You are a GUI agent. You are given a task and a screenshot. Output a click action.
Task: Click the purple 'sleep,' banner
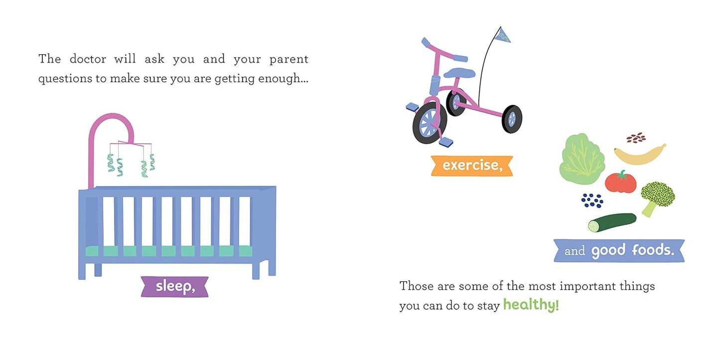(174, 286)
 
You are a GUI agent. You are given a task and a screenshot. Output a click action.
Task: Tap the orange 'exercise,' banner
(472, 166)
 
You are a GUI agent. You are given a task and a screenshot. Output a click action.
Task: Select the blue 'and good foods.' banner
(619, 250)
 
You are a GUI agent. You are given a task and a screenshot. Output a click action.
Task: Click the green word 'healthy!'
(531, 305)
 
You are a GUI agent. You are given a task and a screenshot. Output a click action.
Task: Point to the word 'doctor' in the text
(88, 59)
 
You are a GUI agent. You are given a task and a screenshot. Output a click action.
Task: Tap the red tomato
(621, 182)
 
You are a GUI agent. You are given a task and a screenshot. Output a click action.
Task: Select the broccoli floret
(657, 199)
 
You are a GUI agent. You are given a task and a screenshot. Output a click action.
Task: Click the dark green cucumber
(612, 222)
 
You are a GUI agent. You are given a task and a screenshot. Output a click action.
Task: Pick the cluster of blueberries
(592, 201)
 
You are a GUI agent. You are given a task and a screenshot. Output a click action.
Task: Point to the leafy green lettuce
(582, 159)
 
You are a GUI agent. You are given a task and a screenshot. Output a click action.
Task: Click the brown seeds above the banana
(636, 138)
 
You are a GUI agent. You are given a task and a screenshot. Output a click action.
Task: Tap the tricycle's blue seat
(459, 73)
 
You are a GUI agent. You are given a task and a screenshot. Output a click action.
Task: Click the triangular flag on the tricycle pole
(502, 35)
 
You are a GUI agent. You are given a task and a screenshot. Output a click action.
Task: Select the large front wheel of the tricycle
(430, 123)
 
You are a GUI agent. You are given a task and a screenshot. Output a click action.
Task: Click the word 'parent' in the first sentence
(288, 60)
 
